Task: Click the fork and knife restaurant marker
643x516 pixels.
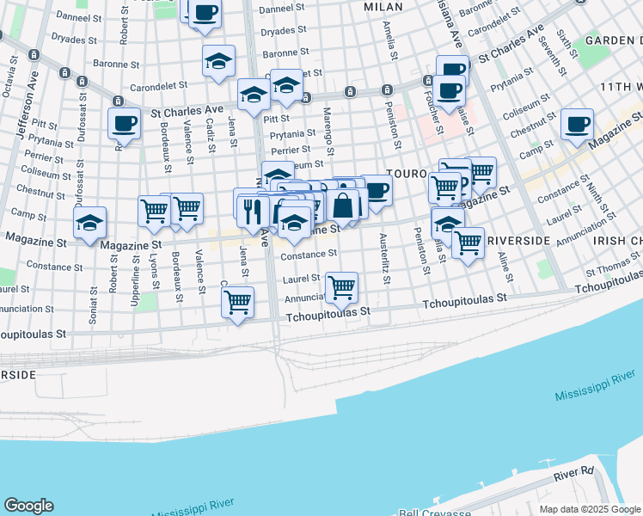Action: click(x=252, y=211)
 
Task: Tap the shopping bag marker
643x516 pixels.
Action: click(x=342, y=206)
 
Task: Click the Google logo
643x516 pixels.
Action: click(x=28, y=506)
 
